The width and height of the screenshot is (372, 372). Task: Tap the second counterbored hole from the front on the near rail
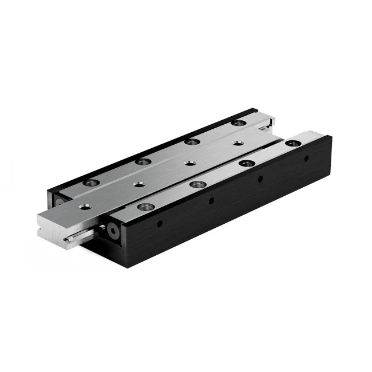pyautogui.click(x=197, y=184)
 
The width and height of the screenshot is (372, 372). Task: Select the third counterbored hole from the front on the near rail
pyautogui.click(x=247, y=164)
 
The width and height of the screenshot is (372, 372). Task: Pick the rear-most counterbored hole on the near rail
pyautogui.click(x=293, y=143)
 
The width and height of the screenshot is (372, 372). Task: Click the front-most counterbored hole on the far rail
pyautogui.click(x=91, y=183)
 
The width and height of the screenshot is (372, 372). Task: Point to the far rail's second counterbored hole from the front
pyautogui.click(x=143, y=162)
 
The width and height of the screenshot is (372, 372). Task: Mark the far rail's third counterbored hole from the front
pyautogui.click(x=192, y=141)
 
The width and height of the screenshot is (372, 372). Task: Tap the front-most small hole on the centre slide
pyautogui.click(x=85, y=206)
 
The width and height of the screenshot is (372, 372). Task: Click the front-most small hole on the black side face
pyautogui.click(x=160, y=223)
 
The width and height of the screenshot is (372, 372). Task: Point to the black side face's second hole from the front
pyautogui.click(x=211, y=201)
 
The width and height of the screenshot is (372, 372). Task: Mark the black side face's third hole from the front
pyautogui.click(x=260, y=179)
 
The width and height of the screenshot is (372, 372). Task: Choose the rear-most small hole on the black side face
pyautogui.click(x=306, y=159)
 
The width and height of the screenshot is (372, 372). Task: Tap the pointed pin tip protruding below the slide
pyautogui.click(x=68, y=239)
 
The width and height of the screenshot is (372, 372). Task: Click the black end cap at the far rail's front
pyautogui.click(x=60, y=201)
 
